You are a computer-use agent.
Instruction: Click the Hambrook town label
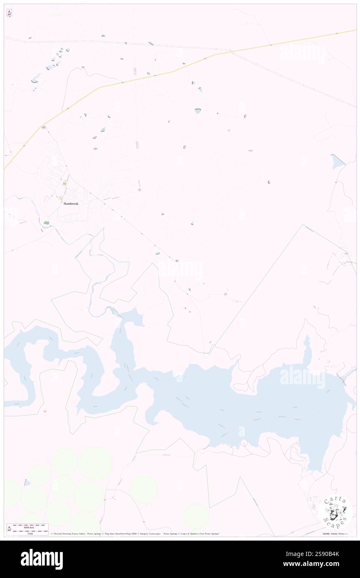pyautogui.click(x=71, y=204)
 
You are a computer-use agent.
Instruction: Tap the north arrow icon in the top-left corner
pyautogui.click(x=9, y=13)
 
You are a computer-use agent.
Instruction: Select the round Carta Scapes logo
pyautogui.click(x=335, y=512)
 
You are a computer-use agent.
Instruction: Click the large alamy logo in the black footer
pyautogui.click(x=42, y=559)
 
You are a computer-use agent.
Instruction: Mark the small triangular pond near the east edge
pyautogui.click(x=338, y=161)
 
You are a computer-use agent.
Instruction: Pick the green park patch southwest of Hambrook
pyautogui.click(x=46, y=223)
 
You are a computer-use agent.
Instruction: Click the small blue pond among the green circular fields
pyautogui.click(x=27, y=483)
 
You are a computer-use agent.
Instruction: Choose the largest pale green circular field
pyautogui.click(x=96, y=464)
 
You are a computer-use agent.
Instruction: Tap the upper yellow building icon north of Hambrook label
pyautogui.click(x=64, y=183)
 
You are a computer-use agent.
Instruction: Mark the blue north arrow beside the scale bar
pyautogui.click(x=9, y=529)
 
